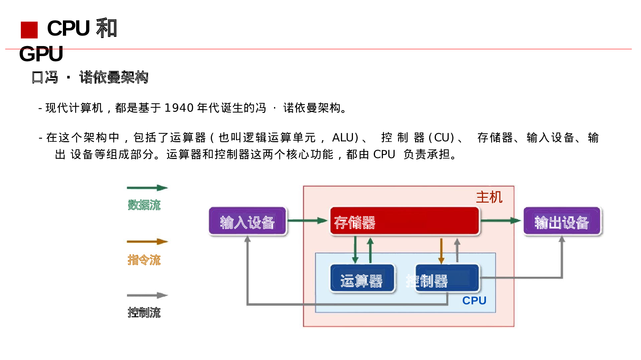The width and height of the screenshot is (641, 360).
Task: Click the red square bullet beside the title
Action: tap(29, 30)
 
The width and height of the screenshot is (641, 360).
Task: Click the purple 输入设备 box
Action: tap(248, 221)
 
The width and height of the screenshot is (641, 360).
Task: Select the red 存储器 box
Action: tap(404, 221)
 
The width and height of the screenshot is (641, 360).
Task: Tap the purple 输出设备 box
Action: tap(562, 221)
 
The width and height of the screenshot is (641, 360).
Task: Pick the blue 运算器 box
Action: tap(362, 278)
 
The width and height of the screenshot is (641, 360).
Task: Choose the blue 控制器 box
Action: tap(447, 278)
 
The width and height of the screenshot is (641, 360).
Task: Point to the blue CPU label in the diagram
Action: tap(474, 300)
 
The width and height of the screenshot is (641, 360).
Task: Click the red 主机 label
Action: tap(489, 197)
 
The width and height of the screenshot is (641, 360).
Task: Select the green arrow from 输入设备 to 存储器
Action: tap(308, 220)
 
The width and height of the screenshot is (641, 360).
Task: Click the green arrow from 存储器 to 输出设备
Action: tap(500, 220)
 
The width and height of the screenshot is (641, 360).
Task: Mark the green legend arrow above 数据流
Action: tap(147, 187)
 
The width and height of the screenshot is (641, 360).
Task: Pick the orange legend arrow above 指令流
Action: tap(147, 241)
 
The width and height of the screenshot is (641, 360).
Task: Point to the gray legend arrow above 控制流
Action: tap(147, 296)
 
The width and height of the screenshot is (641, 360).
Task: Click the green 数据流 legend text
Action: tap(144, 205)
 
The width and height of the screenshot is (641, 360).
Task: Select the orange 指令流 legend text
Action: tap(144, 260)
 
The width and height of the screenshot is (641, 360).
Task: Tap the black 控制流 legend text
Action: tap(144, 312)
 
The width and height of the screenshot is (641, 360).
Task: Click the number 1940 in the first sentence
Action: tap(179, 108)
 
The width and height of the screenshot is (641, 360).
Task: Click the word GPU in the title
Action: tap(41, 54)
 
